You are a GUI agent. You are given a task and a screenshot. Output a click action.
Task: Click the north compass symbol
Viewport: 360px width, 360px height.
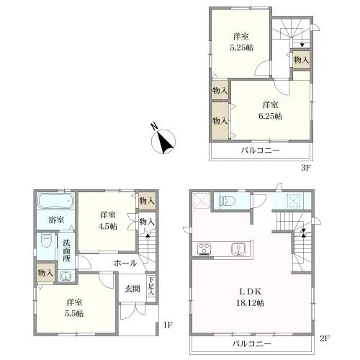163,141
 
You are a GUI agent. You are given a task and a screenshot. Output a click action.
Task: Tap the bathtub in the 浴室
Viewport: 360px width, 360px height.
55,200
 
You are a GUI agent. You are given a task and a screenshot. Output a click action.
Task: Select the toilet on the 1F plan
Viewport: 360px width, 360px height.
46,240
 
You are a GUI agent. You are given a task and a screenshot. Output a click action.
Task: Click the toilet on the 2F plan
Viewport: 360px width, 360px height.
228,201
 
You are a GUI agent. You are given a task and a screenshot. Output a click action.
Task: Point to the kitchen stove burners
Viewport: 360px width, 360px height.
204,248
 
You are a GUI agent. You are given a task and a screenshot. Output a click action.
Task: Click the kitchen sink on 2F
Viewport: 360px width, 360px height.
238,248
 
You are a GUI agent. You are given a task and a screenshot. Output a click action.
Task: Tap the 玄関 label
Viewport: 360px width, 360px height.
132,289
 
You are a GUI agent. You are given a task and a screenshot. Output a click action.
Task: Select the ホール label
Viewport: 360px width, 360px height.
125,263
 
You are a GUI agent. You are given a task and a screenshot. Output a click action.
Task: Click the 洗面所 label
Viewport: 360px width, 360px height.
66,251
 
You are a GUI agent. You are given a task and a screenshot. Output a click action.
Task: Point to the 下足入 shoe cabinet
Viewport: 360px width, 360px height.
150,287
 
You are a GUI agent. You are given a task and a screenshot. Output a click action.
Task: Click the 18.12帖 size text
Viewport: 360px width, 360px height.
251,303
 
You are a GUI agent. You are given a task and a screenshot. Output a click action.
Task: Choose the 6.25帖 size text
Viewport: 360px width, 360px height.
270,117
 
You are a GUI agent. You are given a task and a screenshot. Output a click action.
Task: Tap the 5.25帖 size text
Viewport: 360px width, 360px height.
242,48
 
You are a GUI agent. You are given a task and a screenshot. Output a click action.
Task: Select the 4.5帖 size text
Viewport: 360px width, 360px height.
108,226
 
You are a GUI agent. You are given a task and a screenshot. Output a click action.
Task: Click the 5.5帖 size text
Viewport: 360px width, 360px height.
74,313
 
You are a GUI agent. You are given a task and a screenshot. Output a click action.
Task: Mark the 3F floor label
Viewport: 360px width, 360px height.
306,168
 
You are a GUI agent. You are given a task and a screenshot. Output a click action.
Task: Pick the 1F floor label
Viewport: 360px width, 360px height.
168,325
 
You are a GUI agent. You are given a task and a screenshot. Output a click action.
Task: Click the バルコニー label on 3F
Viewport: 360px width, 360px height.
261,150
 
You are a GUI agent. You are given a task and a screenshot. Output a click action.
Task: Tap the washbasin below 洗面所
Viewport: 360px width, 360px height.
65,276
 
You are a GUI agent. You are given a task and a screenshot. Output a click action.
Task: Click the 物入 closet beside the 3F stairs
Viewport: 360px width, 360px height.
301,60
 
